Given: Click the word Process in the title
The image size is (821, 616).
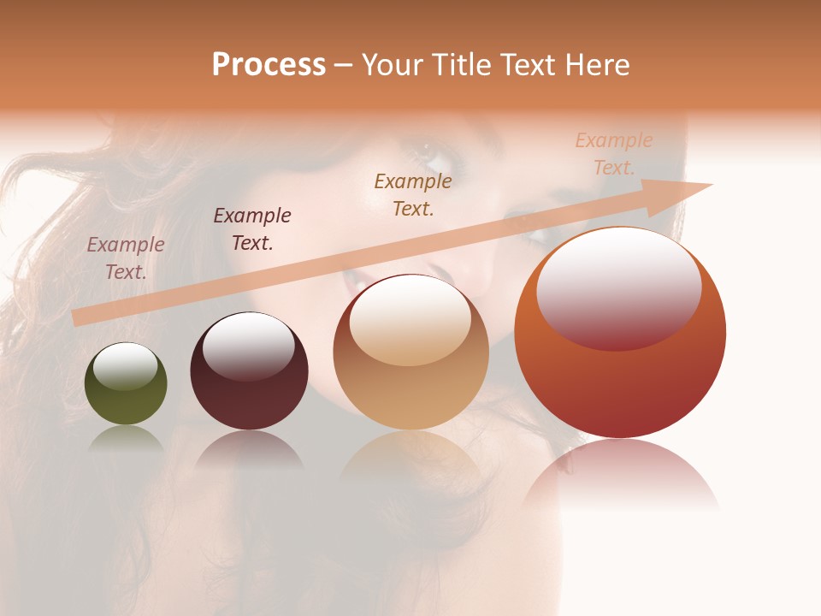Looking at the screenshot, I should pyautogui.click(x=269, y=65).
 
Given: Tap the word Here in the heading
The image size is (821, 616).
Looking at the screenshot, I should pyautogui.click(x=596, y=65).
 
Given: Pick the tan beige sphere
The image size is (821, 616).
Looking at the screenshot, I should pyautogui.click(x=410, y=376).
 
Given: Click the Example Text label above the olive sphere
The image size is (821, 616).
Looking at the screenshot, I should pyautogui.click(x=126, y=258).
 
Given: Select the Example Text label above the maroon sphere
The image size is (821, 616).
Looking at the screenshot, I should pyautogui.click(x=252, y=229).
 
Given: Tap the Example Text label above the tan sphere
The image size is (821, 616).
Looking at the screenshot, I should pyautogui.click(x=413, y=194).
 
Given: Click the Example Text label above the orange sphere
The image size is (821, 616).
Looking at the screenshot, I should pyautogui.click(x=614, y=154).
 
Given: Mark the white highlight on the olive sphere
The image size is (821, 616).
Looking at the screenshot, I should pyautogui.click(x=126, y=366).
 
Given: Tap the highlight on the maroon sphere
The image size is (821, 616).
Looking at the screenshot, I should pyautogui.click(x=248, y=344).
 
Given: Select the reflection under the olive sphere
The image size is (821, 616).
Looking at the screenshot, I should pyautogui.click(x=126, y=438).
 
